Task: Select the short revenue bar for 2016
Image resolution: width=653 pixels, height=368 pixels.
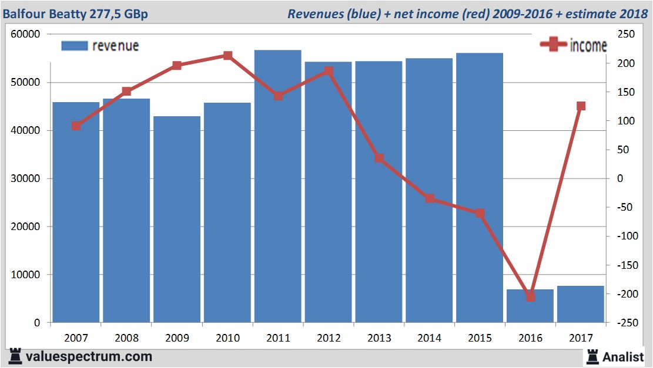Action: pyautogui.click(x=530, y=306)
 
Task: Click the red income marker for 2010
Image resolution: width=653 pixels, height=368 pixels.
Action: pyautogui.click(x=227, y=56)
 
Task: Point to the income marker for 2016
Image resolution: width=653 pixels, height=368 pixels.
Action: pyautogui.click(x=530, y=297)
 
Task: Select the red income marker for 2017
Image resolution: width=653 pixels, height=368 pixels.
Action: pyautogui.click(x=581, y=106)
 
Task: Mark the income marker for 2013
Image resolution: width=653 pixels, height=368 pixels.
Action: pyautogui.click(x=379, y=158)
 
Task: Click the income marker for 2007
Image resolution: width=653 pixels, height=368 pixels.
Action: pyautogui.click(x=76, y=126)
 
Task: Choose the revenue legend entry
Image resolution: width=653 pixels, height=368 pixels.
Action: pyautogui.click(x=100, y=46)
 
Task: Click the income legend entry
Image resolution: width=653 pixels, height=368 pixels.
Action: pyautogui.click(x=573, y=46)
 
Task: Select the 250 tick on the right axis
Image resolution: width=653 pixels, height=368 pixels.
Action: pyautogui.click(x=626, y=35)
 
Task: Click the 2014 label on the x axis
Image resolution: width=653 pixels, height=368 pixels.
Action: pyautogui.click(x=429, y=337)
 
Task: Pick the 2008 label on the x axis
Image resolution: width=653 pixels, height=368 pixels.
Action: pyautogui.click(x=126, y=337)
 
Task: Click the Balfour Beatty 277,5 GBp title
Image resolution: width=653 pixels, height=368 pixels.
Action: pyautogui.click(x=76, y=13)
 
